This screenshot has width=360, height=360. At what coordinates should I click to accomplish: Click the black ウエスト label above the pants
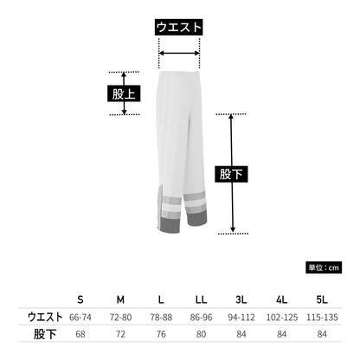click(x=178, y=28)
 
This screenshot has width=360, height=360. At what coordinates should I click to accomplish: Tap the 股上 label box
click(x=124, y=93)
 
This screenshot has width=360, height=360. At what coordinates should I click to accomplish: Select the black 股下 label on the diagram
click(x=231, y=174)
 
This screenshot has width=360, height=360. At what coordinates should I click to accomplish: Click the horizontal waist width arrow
click(x=179, y=53)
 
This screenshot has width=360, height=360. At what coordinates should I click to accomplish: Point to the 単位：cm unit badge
click(x=324, y=267)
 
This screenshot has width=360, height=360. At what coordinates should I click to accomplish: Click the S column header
click(x=80, y=299)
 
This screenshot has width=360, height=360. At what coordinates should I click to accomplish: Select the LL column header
click(x=201, y=299)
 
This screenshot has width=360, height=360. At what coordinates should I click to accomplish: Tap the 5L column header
click(x=322, y=299)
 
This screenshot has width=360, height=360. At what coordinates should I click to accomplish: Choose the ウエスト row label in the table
click(x=45, y=317)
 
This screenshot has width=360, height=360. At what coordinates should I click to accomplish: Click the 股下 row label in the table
click(x=45, y=334)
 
